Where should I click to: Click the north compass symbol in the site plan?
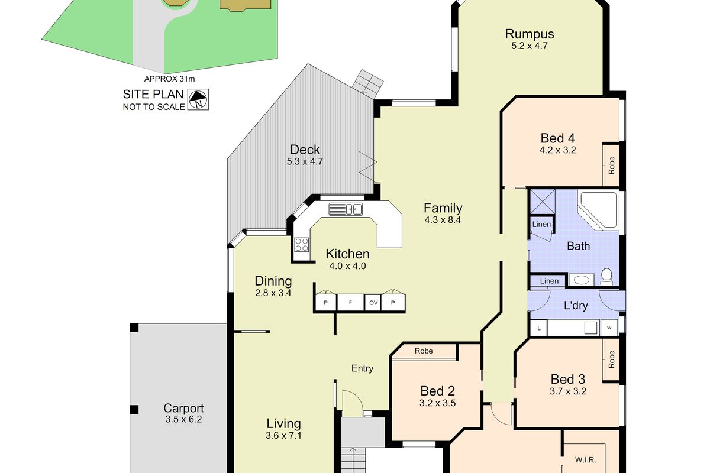pos(198,99)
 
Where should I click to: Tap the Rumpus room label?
pos(530,34)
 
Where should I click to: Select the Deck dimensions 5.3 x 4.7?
pos(305,161)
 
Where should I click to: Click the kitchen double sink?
pos(346,209)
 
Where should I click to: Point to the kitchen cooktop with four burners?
pos(302,244)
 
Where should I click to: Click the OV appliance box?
pos(373,303)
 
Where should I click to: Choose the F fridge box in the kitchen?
pos(350,303)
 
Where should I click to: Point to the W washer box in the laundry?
pos(608,327)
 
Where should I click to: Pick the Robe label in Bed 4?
pos(612,164)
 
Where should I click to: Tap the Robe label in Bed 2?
pos(424,351)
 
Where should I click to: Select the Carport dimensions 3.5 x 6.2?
pos(183,420)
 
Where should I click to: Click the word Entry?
pos(362,368)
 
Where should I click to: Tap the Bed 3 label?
pos(567,379)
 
